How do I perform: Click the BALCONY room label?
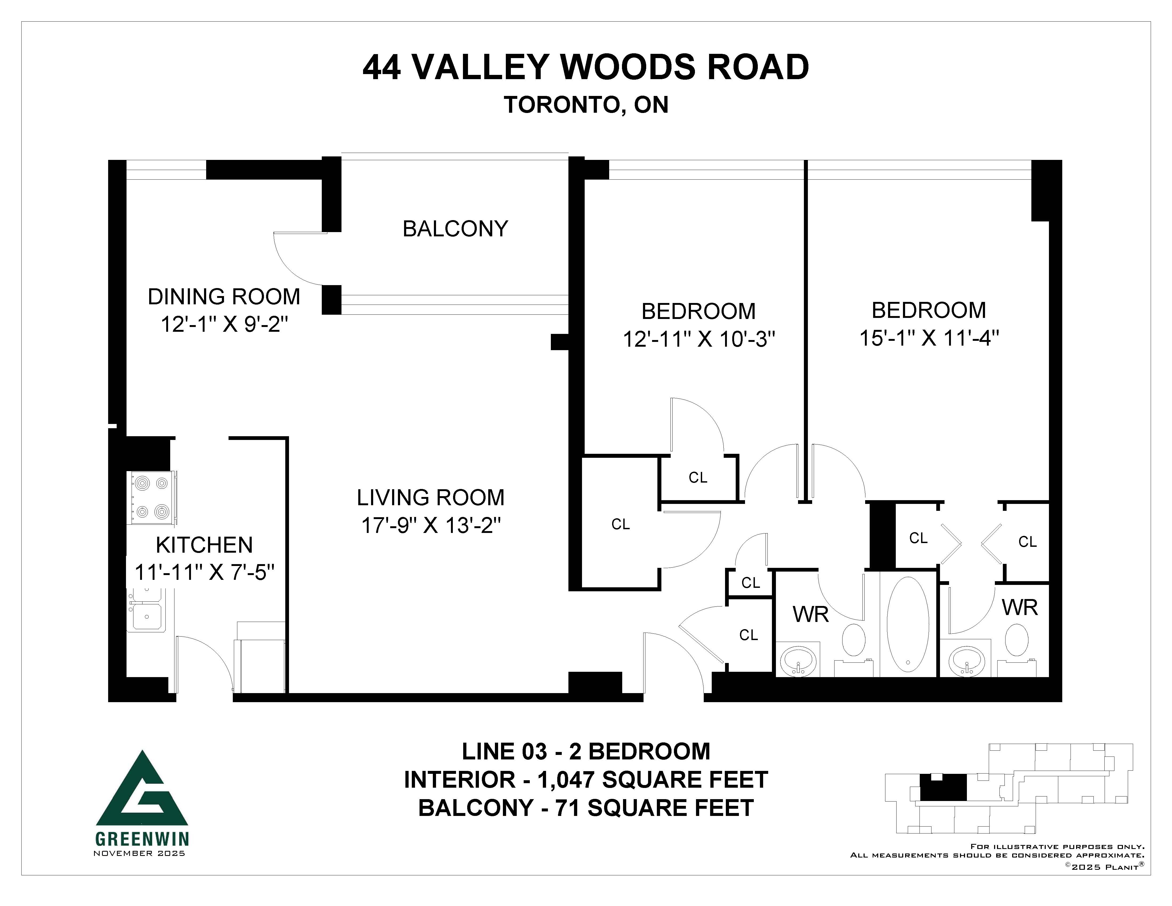[x=455, y=229]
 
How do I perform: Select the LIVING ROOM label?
[x=430, y=498]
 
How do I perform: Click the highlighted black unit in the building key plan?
[x=943, y=787]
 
